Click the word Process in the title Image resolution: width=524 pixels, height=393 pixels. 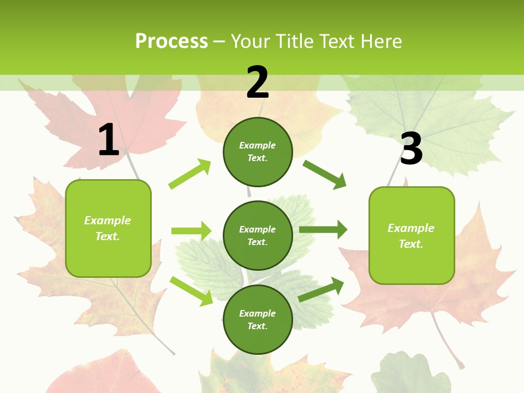171,41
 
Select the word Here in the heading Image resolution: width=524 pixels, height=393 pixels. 380,41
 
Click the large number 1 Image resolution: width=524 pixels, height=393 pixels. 109,140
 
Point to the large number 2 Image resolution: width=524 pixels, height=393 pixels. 258,82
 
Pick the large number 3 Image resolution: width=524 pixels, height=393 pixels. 411,148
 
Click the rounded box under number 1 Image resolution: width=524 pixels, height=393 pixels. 108,228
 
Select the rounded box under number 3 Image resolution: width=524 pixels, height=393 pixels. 412,236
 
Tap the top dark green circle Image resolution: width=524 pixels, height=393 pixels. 258,152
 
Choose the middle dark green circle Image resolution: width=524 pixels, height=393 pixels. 258,236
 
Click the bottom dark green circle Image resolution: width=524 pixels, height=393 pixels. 258,320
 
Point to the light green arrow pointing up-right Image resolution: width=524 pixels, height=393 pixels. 190,174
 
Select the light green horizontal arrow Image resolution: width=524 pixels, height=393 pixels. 191,231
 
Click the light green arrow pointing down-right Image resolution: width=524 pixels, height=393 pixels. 191,291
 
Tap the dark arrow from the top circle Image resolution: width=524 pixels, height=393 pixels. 325,174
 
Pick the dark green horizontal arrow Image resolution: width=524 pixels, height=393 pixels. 323,229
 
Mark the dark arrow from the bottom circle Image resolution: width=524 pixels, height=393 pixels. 321,289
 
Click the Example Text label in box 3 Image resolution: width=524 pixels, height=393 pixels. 411,236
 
